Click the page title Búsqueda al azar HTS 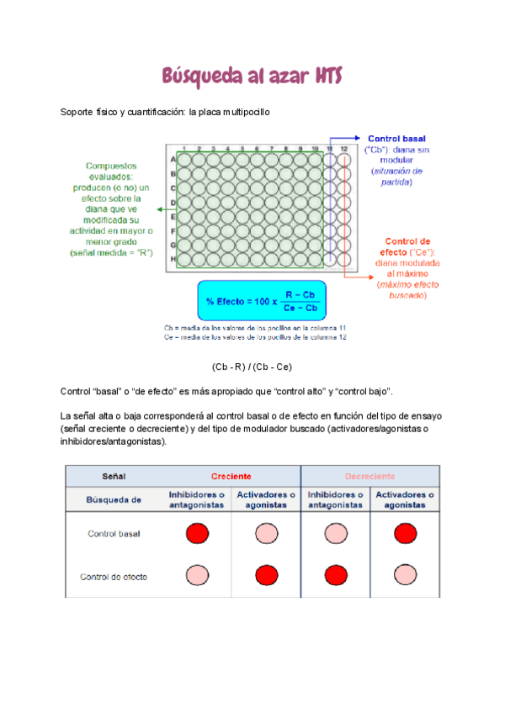click(252, 77)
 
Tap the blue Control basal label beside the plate click(396, 138)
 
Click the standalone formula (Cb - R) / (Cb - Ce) click(252, 367)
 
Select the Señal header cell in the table click(114, 476)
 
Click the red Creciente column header click(231, 476)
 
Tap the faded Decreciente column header click(369, 476)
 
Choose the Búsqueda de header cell click(114, 499)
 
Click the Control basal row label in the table click(114, 534)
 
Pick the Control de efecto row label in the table click(114, 577)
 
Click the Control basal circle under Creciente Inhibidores click(196, 533)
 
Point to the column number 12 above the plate click(343, 149)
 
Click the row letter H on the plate click(173, 259)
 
